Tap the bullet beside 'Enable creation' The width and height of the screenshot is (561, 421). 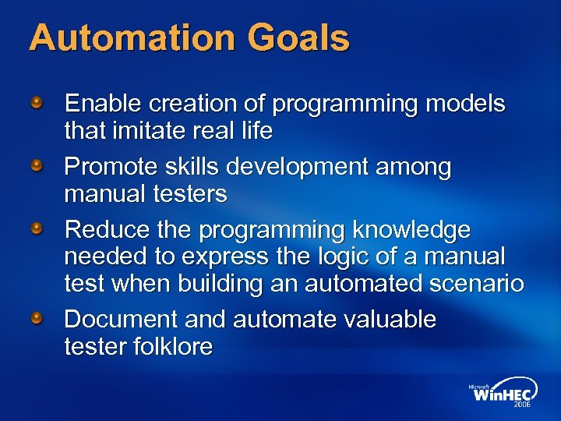point(37,102)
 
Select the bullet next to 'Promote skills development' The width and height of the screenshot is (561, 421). point(37,166)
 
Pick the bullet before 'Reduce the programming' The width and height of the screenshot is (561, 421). point(37,229)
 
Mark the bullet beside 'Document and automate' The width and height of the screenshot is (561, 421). point(37,318)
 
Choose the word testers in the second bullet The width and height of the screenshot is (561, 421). point(189,194)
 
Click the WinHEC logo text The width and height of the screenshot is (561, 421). point(503,394)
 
